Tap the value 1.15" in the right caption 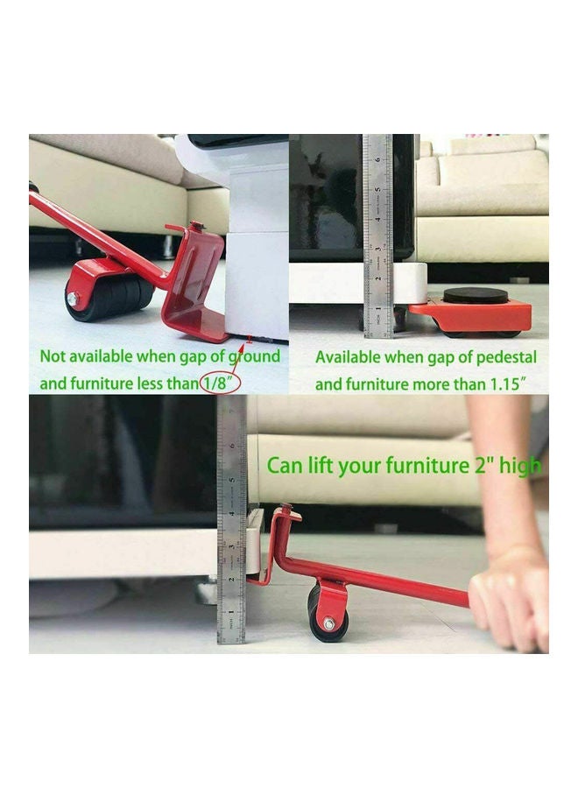click(517, 383)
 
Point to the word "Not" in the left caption click(53, 356)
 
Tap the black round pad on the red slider click(475, 296)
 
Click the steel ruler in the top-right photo click(377, 236)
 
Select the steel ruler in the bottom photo click(232, 525)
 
